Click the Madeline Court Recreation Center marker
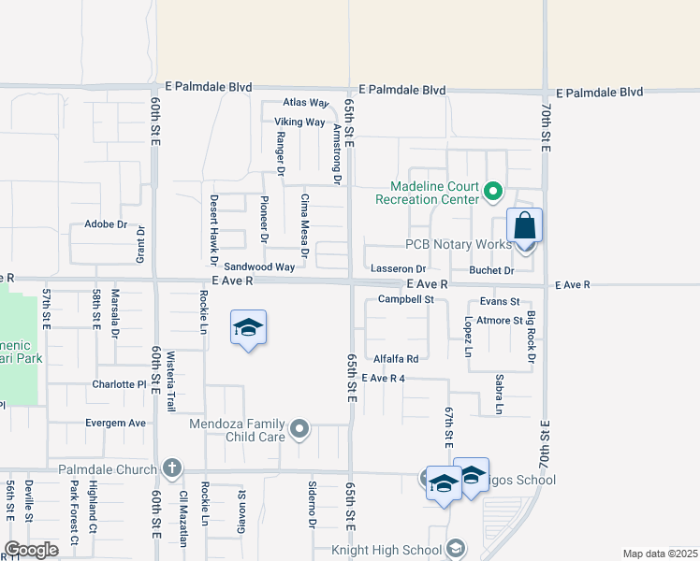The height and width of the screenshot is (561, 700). [493, 194]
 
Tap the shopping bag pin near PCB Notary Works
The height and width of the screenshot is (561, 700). [525, 227]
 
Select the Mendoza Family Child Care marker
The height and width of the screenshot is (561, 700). [299, 429]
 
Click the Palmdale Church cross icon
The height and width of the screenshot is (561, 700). [171, 467]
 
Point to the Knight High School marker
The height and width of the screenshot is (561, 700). [456, 549]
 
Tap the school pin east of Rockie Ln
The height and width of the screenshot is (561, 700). [248, 329]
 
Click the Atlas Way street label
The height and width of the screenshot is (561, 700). [307, 103]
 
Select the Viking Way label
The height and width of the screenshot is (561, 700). [299, 122]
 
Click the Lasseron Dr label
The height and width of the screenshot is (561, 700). [399, 268]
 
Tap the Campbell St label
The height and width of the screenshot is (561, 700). [406, 300]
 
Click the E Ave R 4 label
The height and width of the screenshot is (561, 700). [383, 379]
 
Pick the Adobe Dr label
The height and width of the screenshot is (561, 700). [106, 224]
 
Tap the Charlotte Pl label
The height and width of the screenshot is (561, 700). [120, 384]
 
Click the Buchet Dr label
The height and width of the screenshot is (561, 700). [491, 271]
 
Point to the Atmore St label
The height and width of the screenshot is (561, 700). [500, 321]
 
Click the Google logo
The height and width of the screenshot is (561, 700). [30, 550]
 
